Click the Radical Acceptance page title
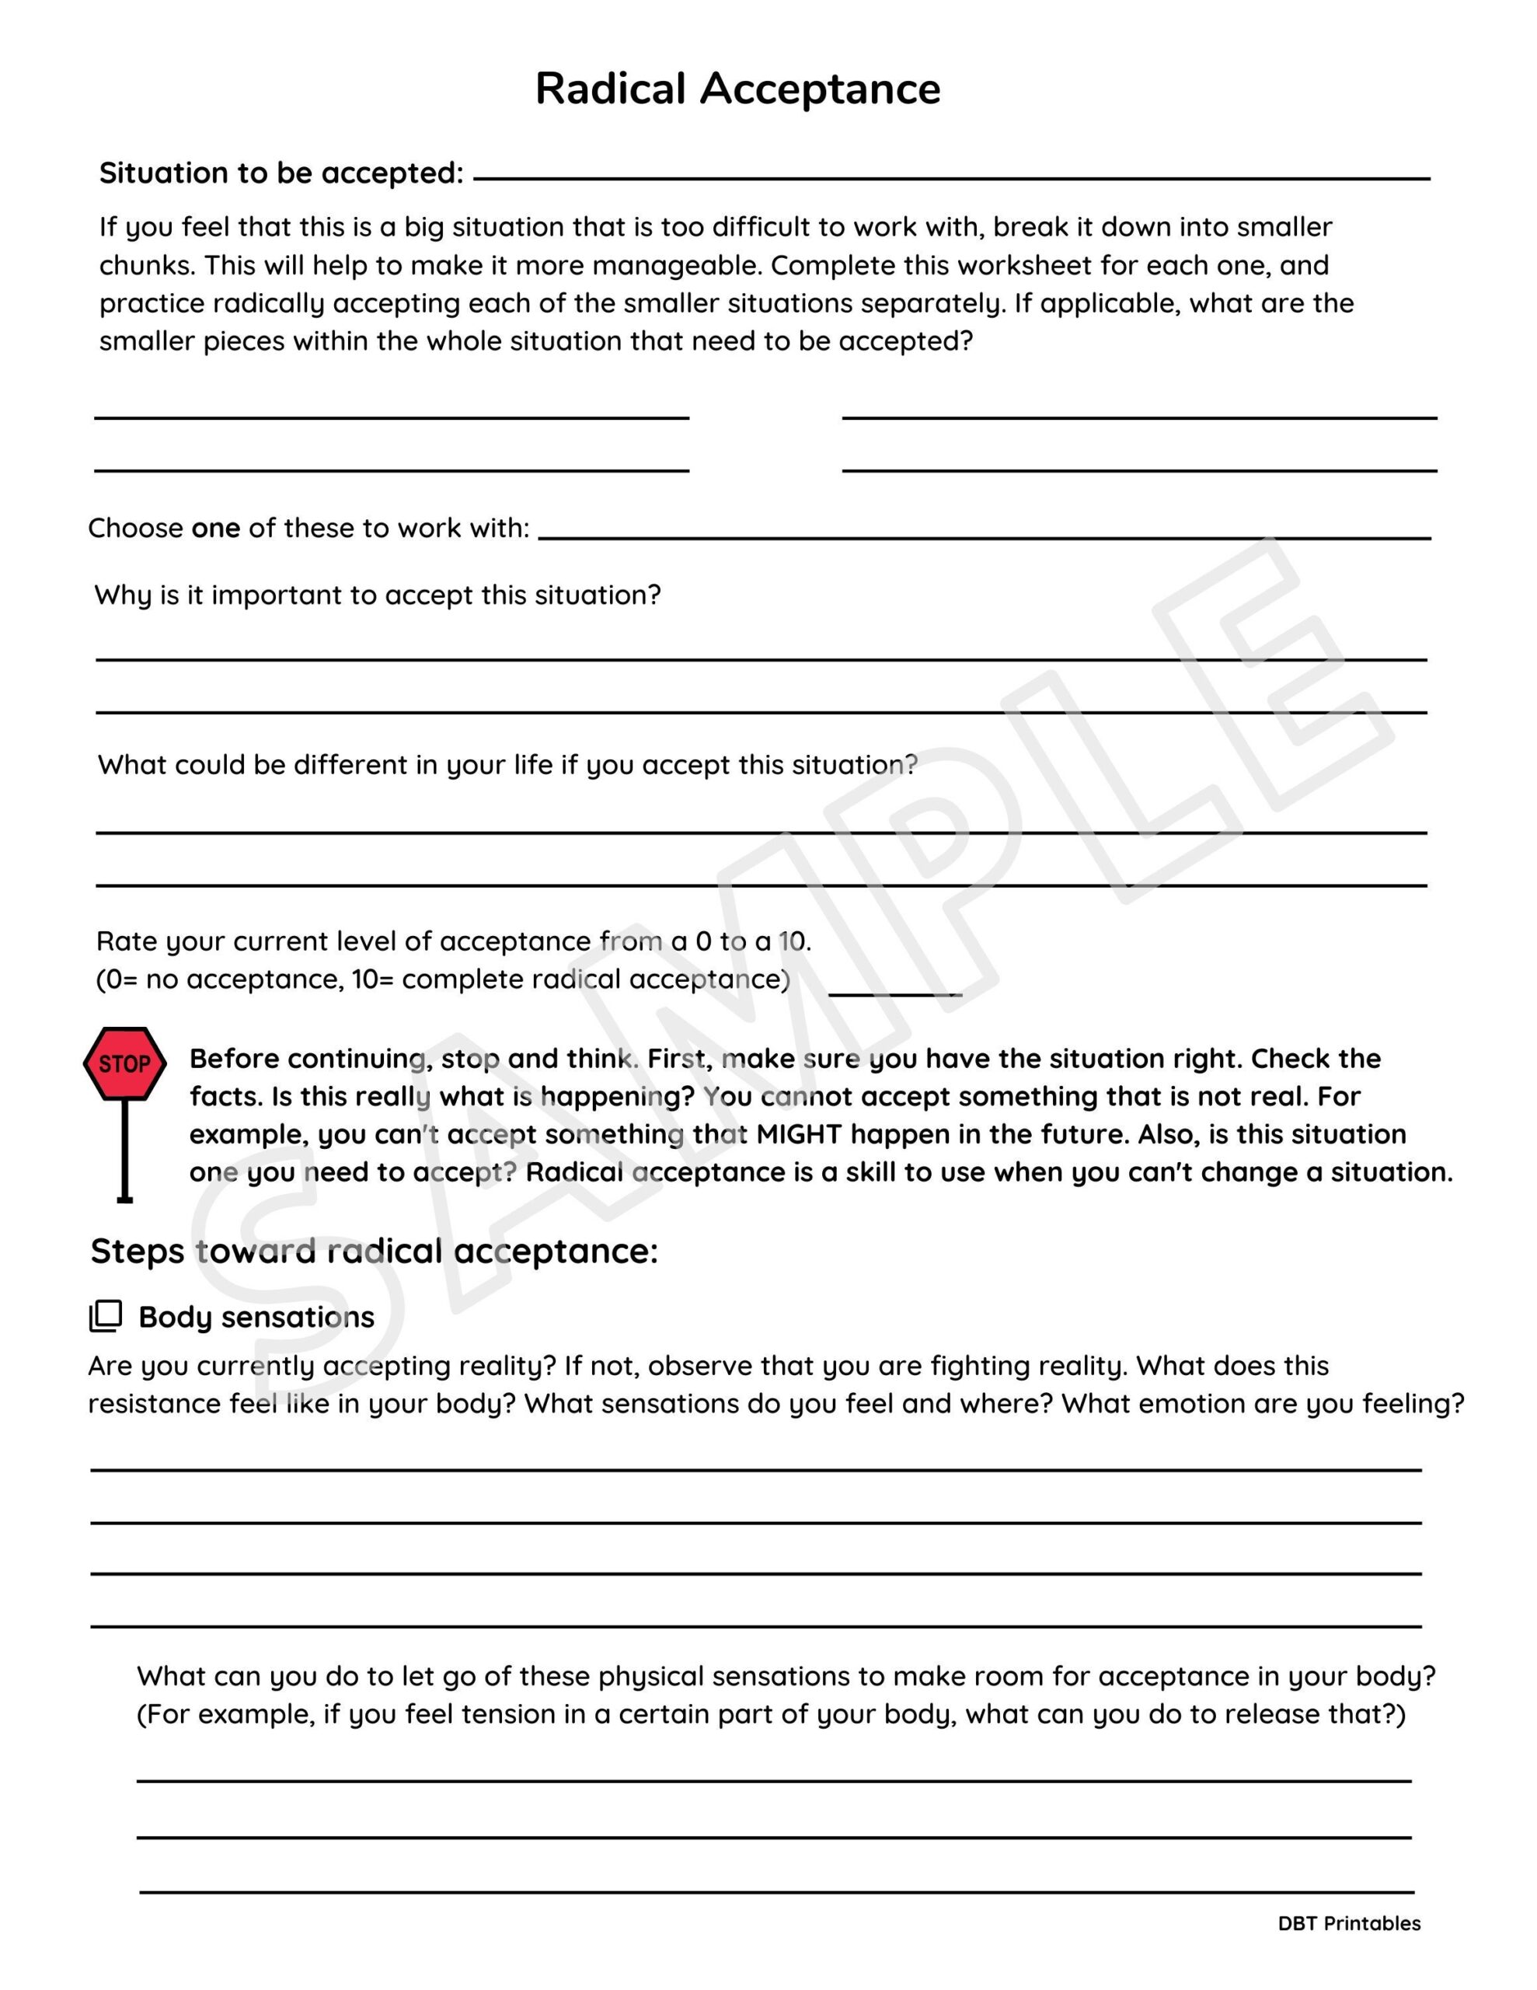coord(737,89)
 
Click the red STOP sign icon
coord(125,1063)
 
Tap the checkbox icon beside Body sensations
coord(106,1316)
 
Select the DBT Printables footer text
coord(1348,1922)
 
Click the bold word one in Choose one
coord(216,528)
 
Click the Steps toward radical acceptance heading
coord(374,1250)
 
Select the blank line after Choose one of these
coord(984,536)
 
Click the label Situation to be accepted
coord(281,173)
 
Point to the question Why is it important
coord(377,595)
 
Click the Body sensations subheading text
coord(256,1317)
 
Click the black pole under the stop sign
coord(125,1150)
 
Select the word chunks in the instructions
coord(144,265)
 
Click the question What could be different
coord(507,764)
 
